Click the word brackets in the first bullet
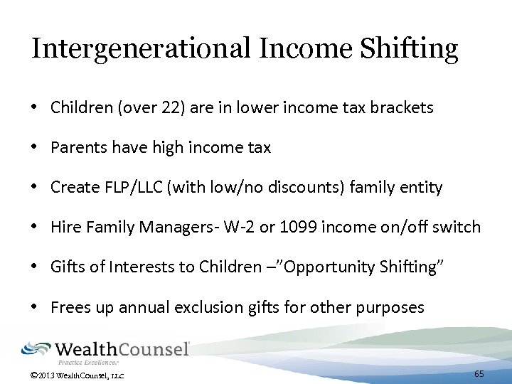click(402, 107)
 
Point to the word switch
click(458, 227)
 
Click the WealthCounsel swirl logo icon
click(36, 349)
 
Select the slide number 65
click(479, 373)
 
